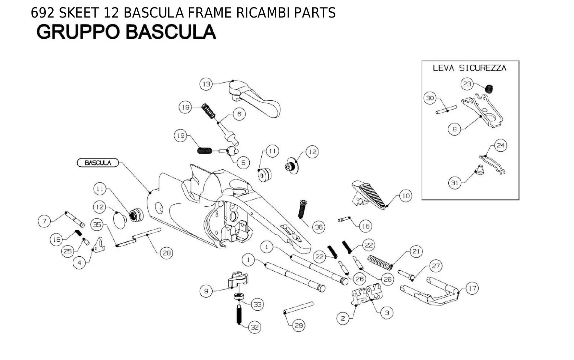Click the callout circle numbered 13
(x=206, y=84)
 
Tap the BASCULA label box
(x=98, y=163)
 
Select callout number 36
(x=319, y=227)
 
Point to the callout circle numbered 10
(x=406, y=196)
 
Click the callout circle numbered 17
(x=472, y=288)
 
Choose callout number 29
(x=299, y=325)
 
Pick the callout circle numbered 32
(x=255, y=327)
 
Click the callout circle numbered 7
(x=44, y=221)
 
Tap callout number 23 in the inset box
(x=467, y=84)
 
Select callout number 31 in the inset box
(x=455, y=183)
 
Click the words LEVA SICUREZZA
(x=469, y=68)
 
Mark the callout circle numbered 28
(x=166, y=253)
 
